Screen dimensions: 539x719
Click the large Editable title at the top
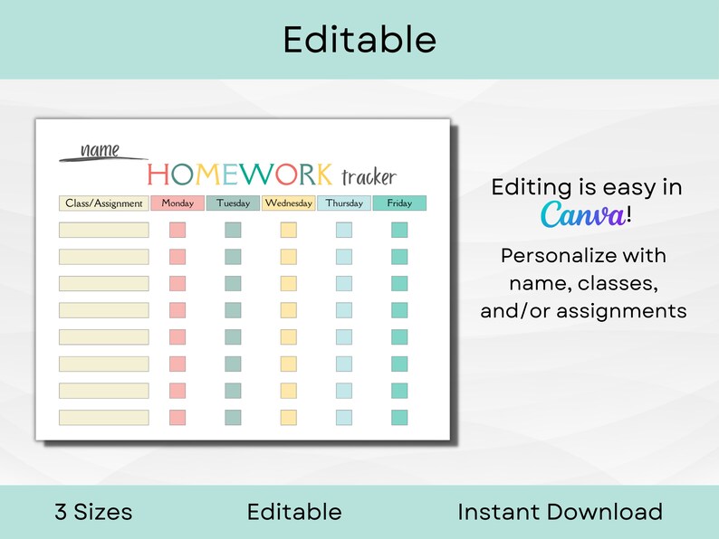click(359, 39)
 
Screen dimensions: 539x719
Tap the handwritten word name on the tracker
click(100, 150)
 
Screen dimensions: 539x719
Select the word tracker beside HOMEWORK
click(369, 176)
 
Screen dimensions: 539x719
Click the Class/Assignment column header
click(104, 203)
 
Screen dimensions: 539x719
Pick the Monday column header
click(177, 203)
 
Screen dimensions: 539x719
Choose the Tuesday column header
click(233, 203)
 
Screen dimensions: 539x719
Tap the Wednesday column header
click(289, 203)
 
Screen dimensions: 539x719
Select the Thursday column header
click(344, 203)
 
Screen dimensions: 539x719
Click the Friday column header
click(399, 203)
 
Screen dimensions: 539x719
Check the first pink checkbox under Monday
click(177, 230)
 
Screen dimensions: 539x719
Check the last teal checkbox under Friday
click(399, 418)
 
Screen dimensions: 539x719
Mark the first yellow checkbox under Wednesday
click(288, 230)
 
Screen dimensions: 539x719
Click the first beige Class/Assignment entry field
click(104, 230)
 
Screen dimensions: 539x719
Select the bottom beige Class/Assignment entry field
click(104, 418)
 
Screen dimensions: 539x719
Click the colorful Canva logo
click(582, 215)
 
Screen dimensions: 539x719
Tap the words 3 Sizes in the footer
click(93, 512)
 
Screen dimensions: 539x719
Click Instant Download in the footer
click(560, 512)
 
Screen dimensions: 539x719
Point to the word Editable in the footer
click(294, 512)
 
